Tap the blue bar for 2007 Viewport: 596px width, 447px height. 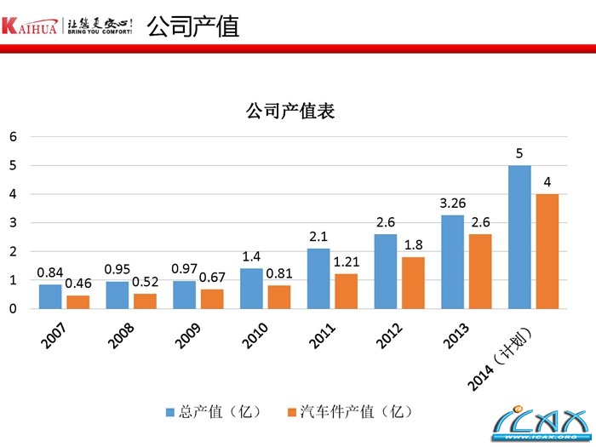pyautogui.click(x=50, y=296)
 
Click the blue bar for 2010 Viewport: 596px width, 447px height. pyautogui.click(x=251, y=289)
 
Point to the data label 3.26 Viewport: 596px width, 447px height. pyautogui.click(x=452, y=204)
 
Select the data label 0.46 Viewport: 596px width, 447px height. pyautogui.click(x=77, y=284)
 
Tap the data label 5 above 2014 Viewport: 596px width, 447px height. pyautogui.click(x=519, y=154)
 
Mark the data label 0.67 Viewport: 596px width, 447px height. pyautogui.click(x=211, y=278)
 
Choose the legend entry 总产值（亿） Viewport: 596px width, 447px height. pyautogui.click(x=218, y=412)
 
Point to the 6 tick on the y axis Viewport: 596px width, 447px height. pyautogui.click(x=13, y=136)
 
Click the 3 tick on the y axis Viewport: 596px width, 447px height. pyautogui.click(x=13, y=223)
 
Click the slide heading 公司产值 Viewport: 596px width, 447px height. pyautogui.click(x=192, y=26)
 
